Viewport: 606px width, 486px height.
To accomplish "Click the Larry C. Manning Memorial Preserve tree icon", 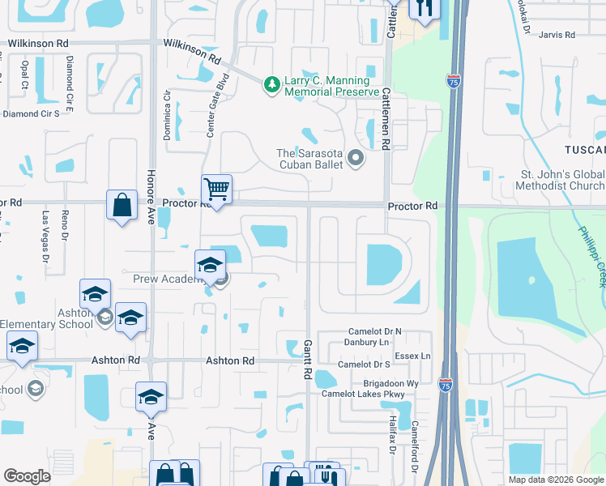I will (273, 83).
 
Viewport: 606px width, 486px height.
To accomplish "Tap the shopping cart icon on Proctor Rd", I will (216, 190).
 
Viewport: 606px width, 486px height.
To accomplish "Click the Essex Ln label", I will (413, 356).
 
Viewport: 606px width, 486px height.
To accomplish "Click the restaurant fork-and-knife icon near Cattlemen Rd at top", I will (425, 8).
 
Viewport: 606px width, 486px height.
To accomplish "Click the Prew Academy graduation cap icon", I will (210, 264).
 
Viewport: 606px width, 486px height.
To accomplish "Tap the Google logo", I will (27, 476).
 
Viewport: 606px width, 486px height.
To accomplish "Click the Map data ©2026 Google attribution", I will (555, 480).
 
